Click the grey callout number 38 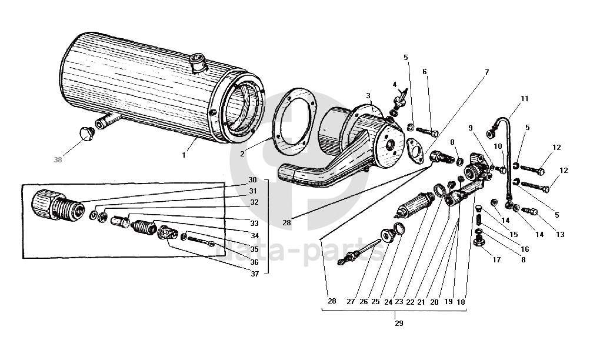(58, 160)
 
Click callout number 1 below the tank (184, 155)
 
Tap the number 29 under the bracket (399, 324)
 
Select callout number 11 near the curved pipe (524, 99)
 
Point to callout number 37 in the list (255, 274)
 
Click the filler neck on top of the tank (199, 64)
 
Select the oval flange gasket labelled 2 (294, 122)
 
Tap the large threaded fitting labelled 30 (58, 205)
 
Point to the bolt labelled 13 (530, 211)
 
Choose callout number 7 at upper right (486, 72)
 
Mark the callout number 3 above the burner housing (368, 96)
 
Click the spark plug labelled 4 (399, 98)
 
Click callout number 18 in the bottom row (461, 302)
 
